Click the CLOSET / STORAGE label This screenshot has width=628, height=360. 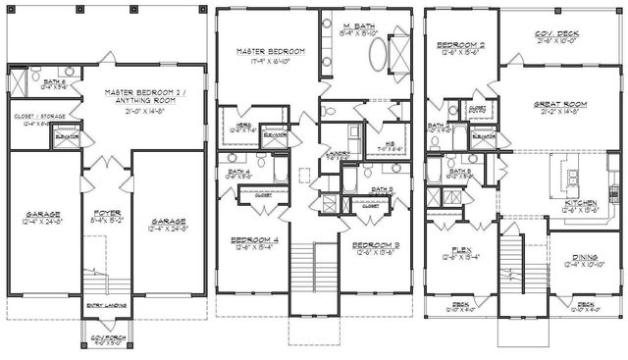point(33,118)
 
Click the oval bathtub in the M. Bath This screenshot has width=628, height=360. point(378,51)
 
